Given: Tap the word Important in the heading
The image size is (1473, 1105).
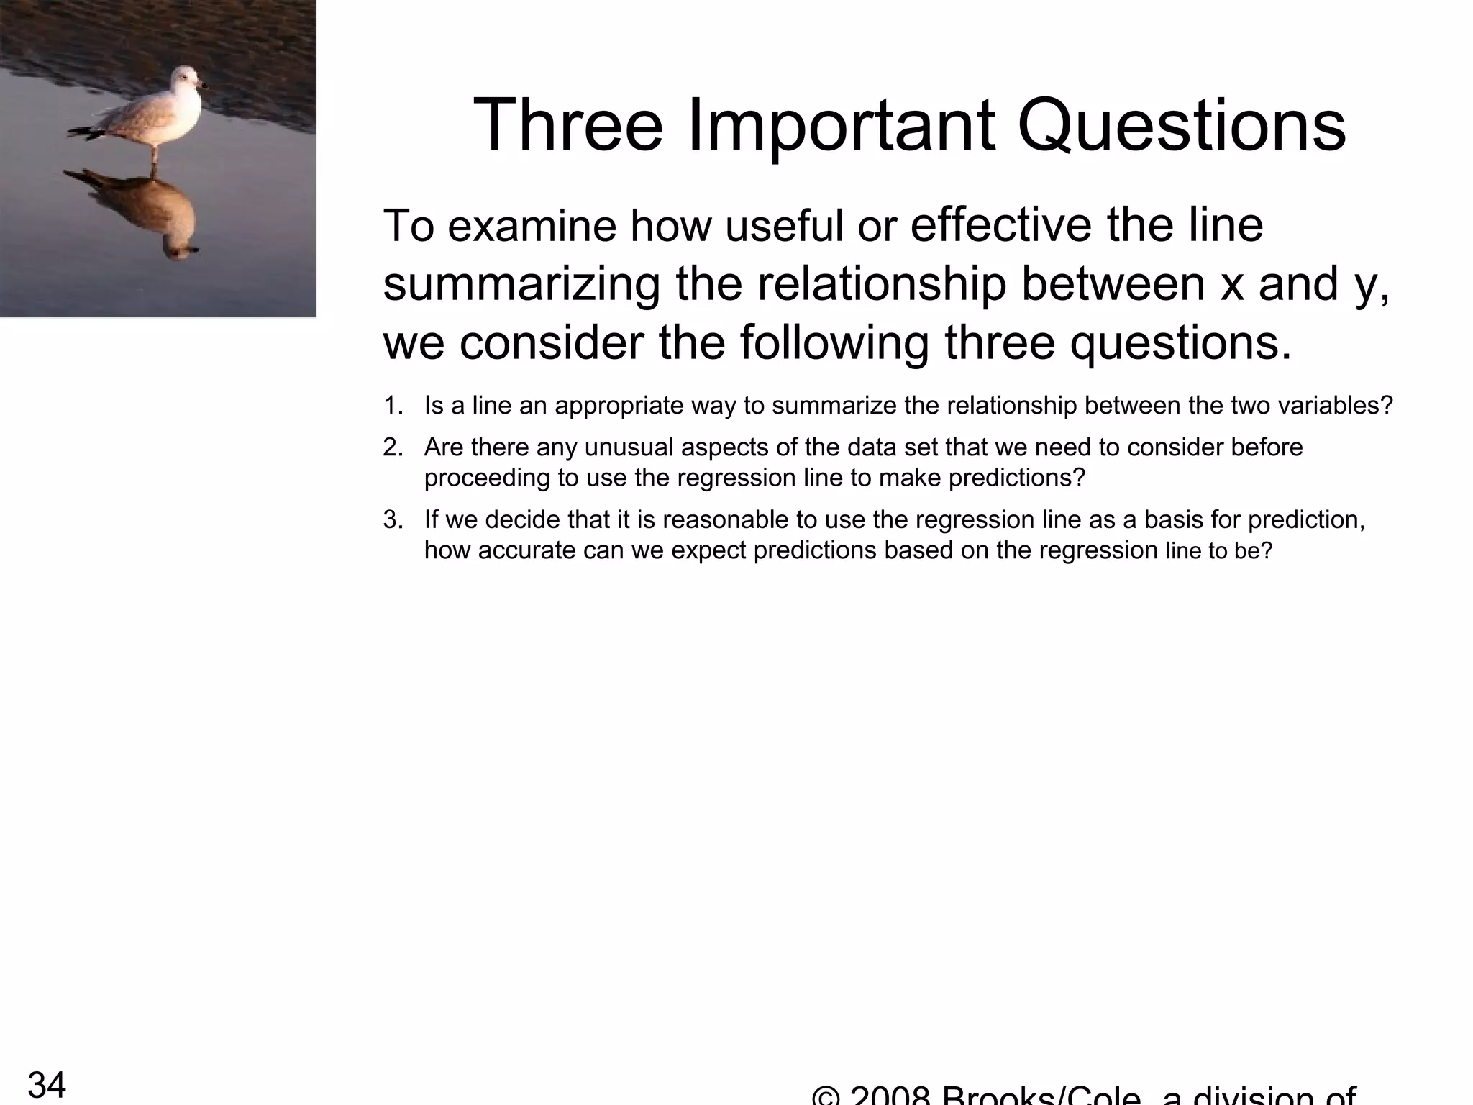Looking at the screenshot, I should pos(842,127).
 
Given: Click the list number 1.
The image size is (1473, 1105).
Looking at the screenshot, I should pos(393,406).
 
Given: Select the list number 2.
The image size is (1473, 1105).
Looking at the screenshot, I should pos(393,448).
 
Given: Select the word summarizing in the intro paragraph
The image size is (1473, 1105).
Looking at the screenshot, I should pos(521,284).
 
